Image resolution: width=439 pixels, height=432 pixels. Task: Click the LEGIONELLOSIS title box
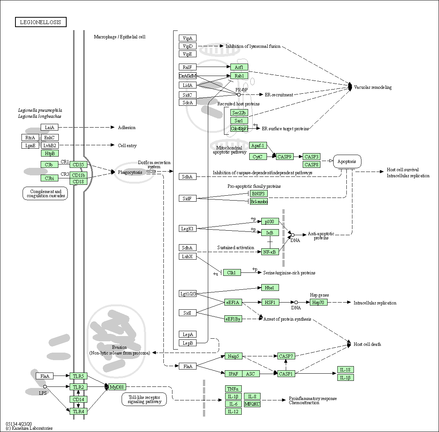click(x=41, y=22)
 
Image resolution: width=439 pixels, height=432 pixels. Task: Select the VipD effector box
click(x=187, y=46)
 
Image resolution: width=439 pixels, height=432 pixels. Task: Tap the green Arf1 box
click(x=239, y=67)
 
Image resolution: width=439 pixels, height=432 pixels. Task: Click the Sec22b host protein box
click(x=239, y=113)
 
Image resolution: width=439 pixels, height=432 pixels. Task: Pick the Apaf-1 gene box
click(x=258, y=145)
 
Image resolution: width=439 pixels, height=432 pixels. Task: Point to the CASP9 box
click(x=285, y=157)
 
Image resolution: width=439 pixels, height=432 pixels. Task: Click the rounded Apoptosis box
click(x=347, y=161)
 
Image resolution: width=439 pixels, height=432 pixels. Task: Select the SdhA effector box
click(x=187, y=176)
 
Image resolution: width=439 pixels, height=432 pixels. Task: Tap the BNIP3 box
click(x=259, y=193)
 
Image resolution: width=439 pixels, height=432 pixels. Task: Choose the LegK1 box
click(x=187, y=228)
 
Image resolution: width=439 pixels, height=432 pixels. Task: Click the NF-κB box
click(x=270, y=252)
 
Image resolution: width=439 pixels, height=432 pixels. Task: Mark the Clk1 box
click(x=232, y=272)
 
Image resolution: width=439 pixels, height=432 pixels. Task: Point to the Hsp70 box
click(x=319, y=302)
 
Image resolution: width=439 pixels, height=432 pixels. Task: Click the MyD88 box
click(x=117, y=386)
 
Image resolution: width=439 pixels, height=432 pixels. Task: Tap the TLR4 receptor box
click(x=78, y=411)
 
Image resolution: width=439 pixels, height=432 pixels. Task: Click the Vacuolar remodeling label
click(x=373, y=87)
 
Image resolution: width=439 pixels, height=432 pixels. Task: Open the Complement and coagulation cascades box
click(x=46, y=193)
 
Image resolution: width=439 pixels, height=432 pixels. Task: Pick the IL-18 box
click(x=345, y=370)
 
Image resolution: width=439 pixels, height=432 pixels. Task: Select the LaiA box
click(x=50, y=127)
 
